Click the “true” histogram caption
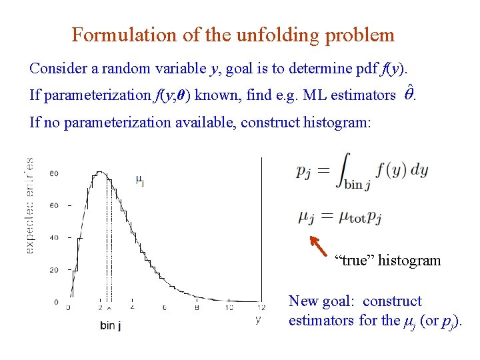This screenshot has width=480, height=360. [387, 260]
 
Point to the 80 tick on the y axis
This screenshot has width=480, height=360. [54, 173]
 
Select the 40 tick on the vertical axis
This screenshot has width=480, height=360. [54, 237]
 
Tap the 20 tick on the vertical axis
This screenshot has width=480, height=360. [54, 270]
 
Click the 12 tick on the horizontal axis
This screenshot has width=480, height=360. [261, 308]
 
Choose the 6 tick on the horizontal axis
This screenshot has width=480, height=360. [164, 308]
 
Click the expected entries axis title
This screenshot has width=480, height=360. [30, 205]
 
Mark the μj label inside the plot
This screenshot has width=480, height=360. [140, 179]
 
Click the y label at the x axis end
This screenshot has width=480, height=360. [258, 320]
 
